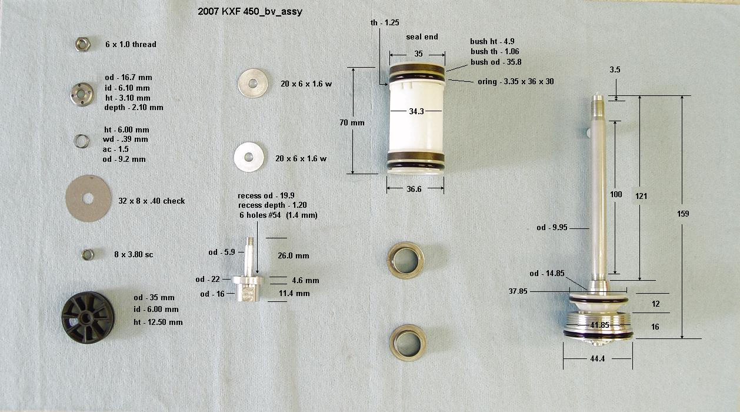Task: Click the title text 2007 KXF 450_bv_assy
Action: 250,12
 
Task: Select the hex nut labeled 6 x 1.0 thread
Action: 82,44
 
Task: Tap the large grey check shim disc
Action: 88,198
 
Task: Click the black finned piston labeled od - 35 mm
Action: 88,318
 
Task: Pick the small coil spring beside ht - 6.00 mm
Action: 81,141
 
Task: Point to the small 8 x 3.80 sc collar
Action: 88,255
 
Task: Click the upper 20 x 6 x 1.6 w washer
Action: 253,84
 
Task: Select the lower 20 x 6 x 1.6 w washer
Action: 249,157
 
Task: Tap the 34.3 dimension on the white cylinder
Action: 416,111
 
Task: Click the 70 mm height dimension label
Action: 352,122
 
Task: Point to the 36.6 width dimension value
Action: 414,189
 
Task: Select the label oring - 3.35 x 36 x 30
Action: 516,82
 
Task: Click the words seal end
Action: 422,36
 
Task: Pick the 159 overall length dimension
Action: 683,214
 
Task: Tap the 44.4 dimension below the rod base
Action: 597,359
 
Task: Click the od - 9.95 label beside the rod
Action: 552,228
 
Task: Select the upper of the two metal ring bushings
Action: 405,260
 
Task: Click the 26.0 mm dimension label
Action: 294,255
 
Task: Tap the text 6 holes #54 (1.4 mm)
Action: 278,215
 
